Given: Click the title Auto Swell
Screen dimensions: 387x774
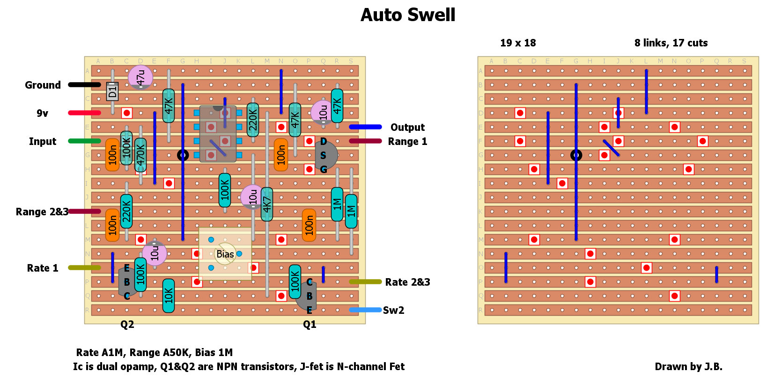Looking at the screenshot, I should [x=407, y=15].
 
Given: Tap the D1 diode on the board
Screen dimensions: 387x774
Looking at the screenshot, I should [x=112, y=91].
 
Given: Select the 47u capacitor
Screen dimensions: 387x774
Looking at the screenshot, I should [x=140, y=77].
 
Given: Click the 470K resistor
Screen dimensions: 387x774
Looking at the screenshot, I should [x=140, y=155].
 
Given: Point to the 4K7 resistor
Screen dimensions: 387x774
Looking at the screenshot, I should [x=267, y=204].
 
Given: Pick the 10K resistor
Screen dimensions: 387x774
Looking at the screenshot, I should [x=169, y=296].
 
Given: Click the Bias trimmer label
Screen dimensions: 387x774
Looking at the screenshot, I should [x=225, y=254].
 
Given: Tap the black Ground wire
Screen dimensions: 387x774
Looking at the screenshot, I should [x=84, y=85].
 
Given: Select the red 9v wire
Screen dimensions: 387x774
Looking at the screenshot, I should [x=84, y=113].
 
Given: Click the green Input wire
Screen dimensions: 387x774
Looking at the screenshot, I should [x=84, y=141].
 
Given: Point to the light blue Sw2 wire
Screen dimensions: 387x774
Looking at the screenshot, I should [x=365, y=310].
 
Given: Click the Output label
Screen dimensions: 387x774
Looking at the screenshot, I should [x=407, y=128].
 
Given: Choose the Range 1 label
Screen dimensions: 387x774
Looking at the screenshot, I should [x=407, y=142].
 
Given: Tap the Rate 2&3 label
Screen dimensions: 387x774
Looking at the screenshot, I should [x=407, y=282].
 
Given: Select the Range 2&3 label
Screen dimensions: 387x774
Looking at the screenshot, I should [x=42, y=212].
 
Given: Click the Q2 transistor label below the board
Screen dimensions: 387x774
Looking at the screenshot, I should [x=127, y=325].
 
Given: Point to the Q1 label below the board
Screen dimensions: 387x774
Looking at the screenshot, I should [x=310, y=325].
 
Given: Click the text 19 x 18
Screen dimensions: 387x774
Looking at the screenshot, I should [x=518, y=43].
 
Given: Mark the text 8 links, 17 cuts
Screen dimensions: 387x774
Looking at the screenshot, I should [x=671, y=43].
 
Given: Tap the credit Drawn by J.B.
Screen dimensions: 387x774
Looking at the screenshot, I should [x=688, y=367].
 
